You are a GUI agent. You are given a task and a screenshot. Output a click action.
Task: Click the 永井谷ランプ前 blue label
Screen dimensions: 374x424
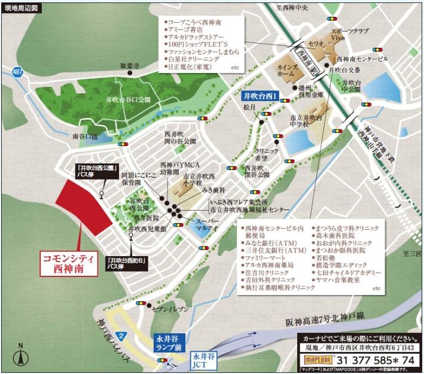[x=169, y=341]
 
